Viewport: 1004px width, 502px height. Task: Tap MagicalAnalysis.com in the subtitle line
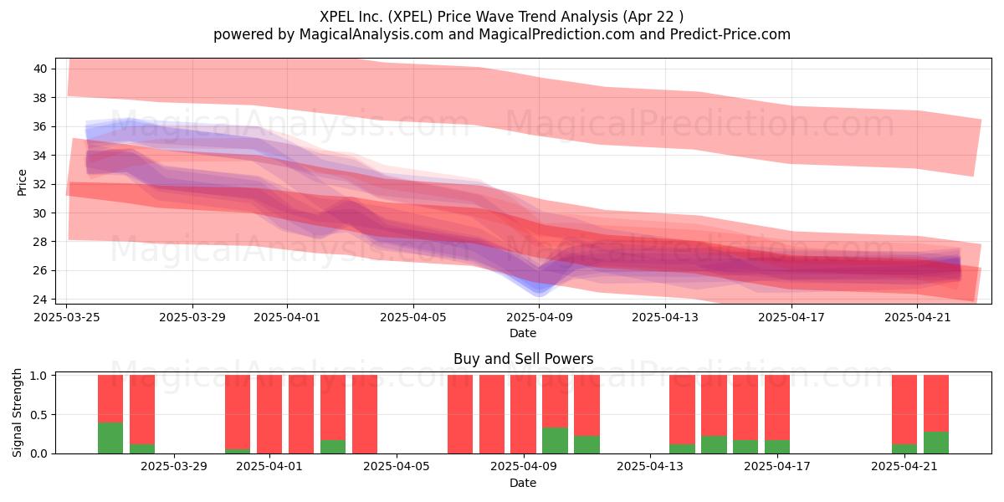click(x=371, y=34)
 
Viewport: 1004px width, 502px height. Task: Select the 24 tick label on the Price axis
click(x=40, y=300)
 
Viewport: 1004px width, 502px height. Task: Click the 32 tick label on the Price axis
click(x=40, y=184)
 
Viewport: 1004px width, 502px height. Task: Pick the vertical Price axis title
click(x=22, y=182)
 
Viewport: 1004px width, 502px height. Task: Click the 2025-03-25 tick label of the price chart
click(x=67, y=317)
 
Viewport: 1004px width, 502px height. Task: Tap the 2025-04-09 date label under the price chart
click(x=540, y=317)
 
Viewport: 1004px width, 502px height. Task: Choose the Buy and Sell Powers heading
click(x=523, y=359)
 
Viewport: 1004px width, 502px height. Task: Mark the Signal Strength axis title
click(x=17, y=412)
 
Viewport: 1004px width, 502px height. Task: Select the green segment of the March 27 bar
click(x=110, y=438)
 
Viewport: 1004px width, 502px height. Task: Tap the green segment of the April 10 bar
click(x=555, y=441)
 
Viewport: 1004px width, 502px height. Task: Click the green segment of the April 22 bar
click(x=936, y=443)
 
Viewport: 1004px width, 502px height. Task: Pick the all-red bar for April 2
click(x=301, y=414)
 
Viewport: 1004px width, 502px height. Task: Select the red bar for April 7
click(x=460, y=414)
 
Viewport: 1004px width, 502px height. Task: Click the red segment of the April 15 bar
click(x=714, y=405)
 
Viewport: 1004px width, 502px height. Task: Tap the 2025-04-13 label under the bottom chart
click(x=650, y=467)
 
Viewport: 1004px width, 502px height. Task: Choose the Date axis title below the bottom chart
click(x=523, y=484)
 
